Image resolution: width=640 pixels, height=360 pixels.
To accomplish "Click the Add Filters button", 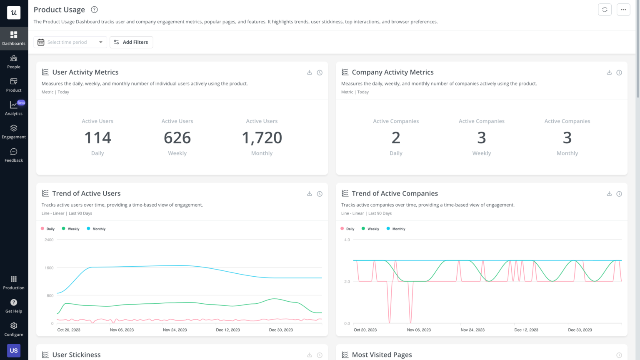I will (x=131, y=42).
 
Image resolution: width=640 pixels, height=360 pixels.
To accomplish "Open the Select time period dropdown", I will (x=70, y=42).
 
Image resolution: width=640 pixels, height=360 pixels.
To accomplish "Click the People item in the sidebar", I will (x=14, y=62).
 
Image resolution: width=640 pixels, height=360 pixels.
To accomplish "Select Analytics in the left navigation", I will (x=14, y=108).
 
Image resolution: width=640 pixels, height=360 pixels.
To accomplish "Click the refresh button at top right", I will (x=605, y=10).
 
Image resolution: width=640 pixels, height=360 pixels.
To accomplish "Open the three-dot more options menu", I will (x=623, y=10).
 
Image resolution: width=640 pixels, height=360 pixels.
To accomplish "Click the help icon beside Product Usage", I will (x=95, y=10).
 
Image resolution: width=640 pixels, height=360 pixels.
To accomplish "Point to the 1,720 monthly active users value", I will (x=262, y=138).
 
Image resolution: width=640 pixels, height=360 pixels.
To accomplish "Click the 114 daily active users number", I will (x=97, y=138).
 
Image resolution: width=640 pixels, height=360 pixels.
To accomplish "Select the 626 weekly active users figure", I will (x=177, y=138).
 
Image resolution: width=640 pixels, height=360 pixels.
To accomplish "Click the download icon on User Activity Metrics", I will (x=310, y=72).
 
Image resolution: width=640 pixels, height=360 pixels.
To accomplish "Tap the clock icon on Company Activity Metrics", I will (x=619, y=72).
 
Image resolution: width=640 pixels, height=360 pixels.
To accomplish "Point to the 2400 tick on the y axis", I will (x=49, y=240).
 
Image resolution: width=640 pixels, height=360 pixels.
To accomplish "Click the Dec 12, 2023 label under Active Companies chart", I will (x=526, y=330).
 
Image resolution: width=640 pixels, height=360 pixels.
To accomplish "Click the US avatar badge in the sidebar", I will (x=14, y=350).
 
